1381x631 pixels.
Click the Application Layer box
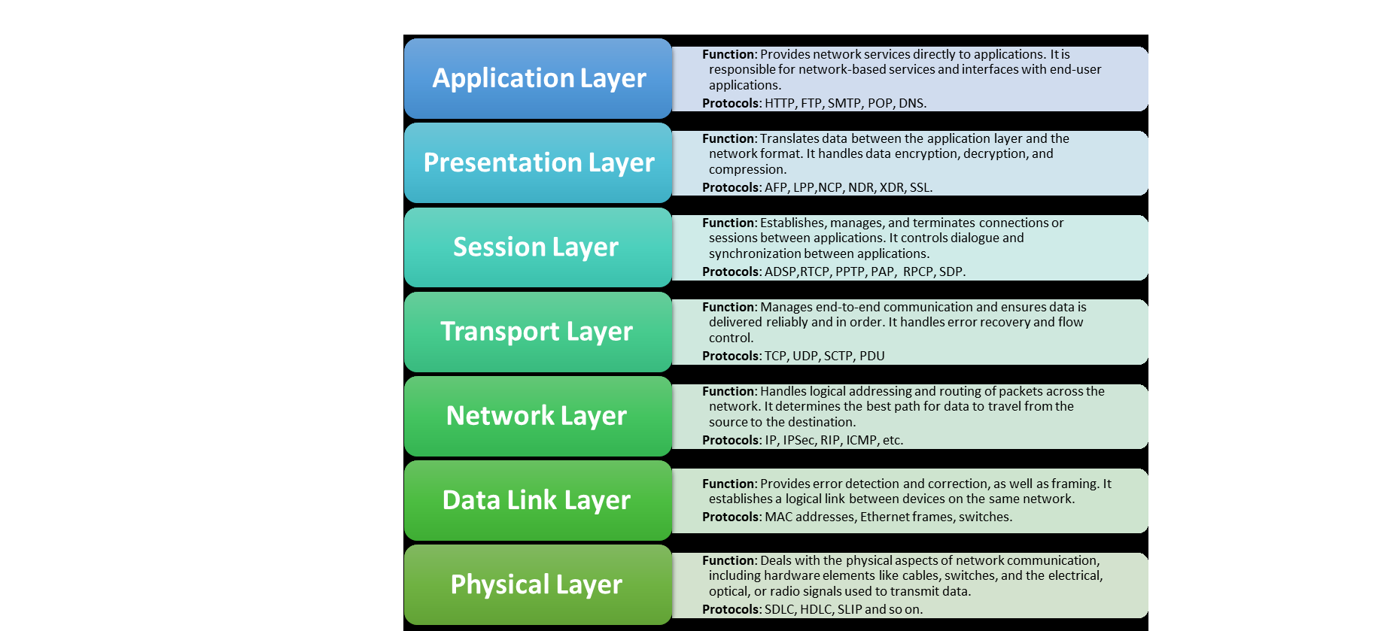(x=537, y=78)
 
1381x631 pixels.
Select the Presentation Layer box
(x=537, y=162)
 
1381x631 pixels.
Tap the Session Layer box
(x=537, y=247)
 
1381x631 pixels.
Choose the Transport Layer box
(x=537, y=331)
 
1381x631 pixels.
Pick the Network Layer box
(x=537, y=415)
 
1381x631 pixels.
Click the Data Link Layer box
(x=537, y=499)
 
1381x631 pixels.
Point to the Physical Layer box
(x=537, y=584)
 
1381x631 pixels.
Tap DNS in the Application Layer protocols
(x=911, y=104)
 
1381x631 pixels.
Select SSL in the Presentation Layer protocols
(x=920, y=188)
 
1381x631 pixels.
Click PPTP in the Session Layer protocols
(x=850, y=272)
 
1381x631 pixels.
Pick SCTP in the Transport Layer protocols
(x=838, y=356)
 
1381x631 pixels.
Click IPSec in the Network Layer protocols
(x=798, y=441)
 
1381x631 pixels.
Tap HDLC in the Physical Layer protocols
(x=815, y=610)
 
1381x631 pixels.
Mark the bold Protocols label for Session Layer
(x=730, y=272)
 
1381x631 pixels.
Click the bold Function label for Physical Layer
(x=728, y=561)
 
